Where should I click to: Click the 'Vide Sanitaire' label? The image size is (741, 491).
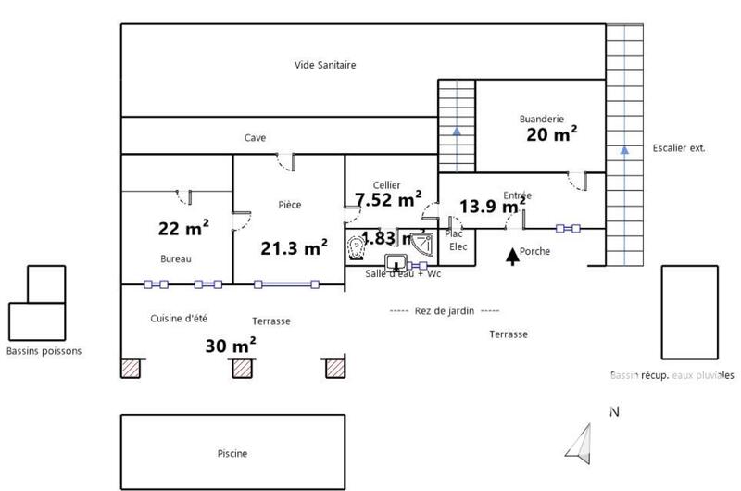coord(325,65)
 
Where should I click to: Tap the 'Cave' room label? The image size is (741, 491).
coord(255,138)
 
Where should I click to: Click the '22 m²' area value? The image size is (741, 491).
coord(182,227)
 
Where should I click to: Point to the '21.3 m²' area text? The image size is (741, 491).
coord(293,247)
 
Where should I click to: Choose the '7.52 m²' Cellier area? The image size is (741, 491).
coord(388,199)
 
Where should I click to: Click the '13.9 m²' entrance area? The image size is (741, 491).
coord(493,207)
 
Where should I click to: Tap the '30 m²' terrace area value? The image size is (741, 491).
coord(230,346)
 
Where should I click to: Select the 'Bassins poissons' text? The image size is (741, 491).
coord(44,351)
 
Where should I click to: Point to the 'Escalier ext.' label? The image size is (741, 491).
coord(679,147)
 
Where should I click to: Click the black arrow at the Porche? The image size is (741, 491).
coord(511,255)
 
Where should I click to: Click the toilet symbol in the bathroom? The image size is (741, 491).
coord(357,247)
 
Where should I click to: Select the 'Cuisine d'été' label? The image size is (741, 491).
coord(178,318)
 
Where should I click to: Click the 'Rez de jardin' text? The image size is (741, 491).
coord(445,311)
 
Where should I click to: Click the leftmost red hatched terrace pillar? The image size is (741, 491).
coord(131,368)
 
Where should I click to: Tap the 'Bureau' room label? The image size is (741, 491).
coord(176,259)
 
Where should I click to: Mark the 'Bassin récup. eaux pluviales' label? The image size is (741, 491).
coord(672,375)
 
